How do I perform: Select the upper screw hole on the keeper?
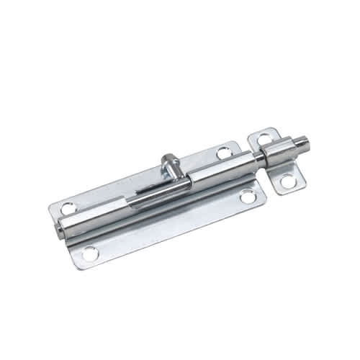click(x=264, y=138)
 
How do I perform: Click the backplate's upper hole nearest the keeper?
click(x=225, y=153)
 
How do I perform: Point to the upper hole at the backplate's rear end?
click(x=68, y=208)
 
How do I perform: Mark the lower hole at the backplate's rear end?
click(x=89, y=253)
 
